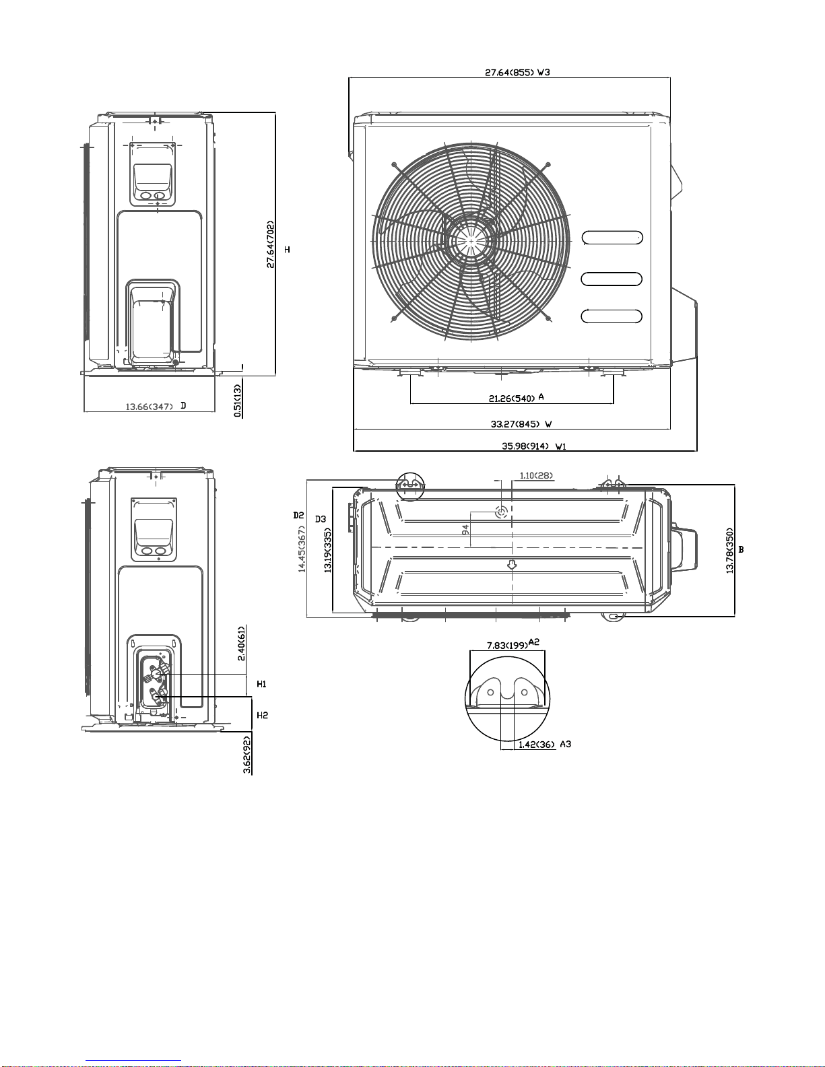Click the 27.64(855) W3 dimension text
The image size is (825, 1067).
point(517,72)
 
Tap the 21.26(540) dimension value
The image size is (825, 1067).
point(511,399)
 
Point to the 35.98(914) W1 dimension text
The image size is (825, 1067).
point(534,446)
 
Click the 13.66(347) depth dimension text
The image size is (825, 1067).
point(150,407)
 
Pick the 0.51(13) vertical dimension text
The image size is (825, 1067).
point(238,401)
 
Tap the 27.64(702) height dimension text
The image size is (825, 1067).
point(271,244)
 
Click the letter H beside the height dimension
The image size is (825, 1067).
point(287,250)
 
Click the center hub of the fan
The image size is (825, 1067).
point(471,241)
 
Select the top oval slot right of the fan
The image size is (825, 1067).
point(612,238)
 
